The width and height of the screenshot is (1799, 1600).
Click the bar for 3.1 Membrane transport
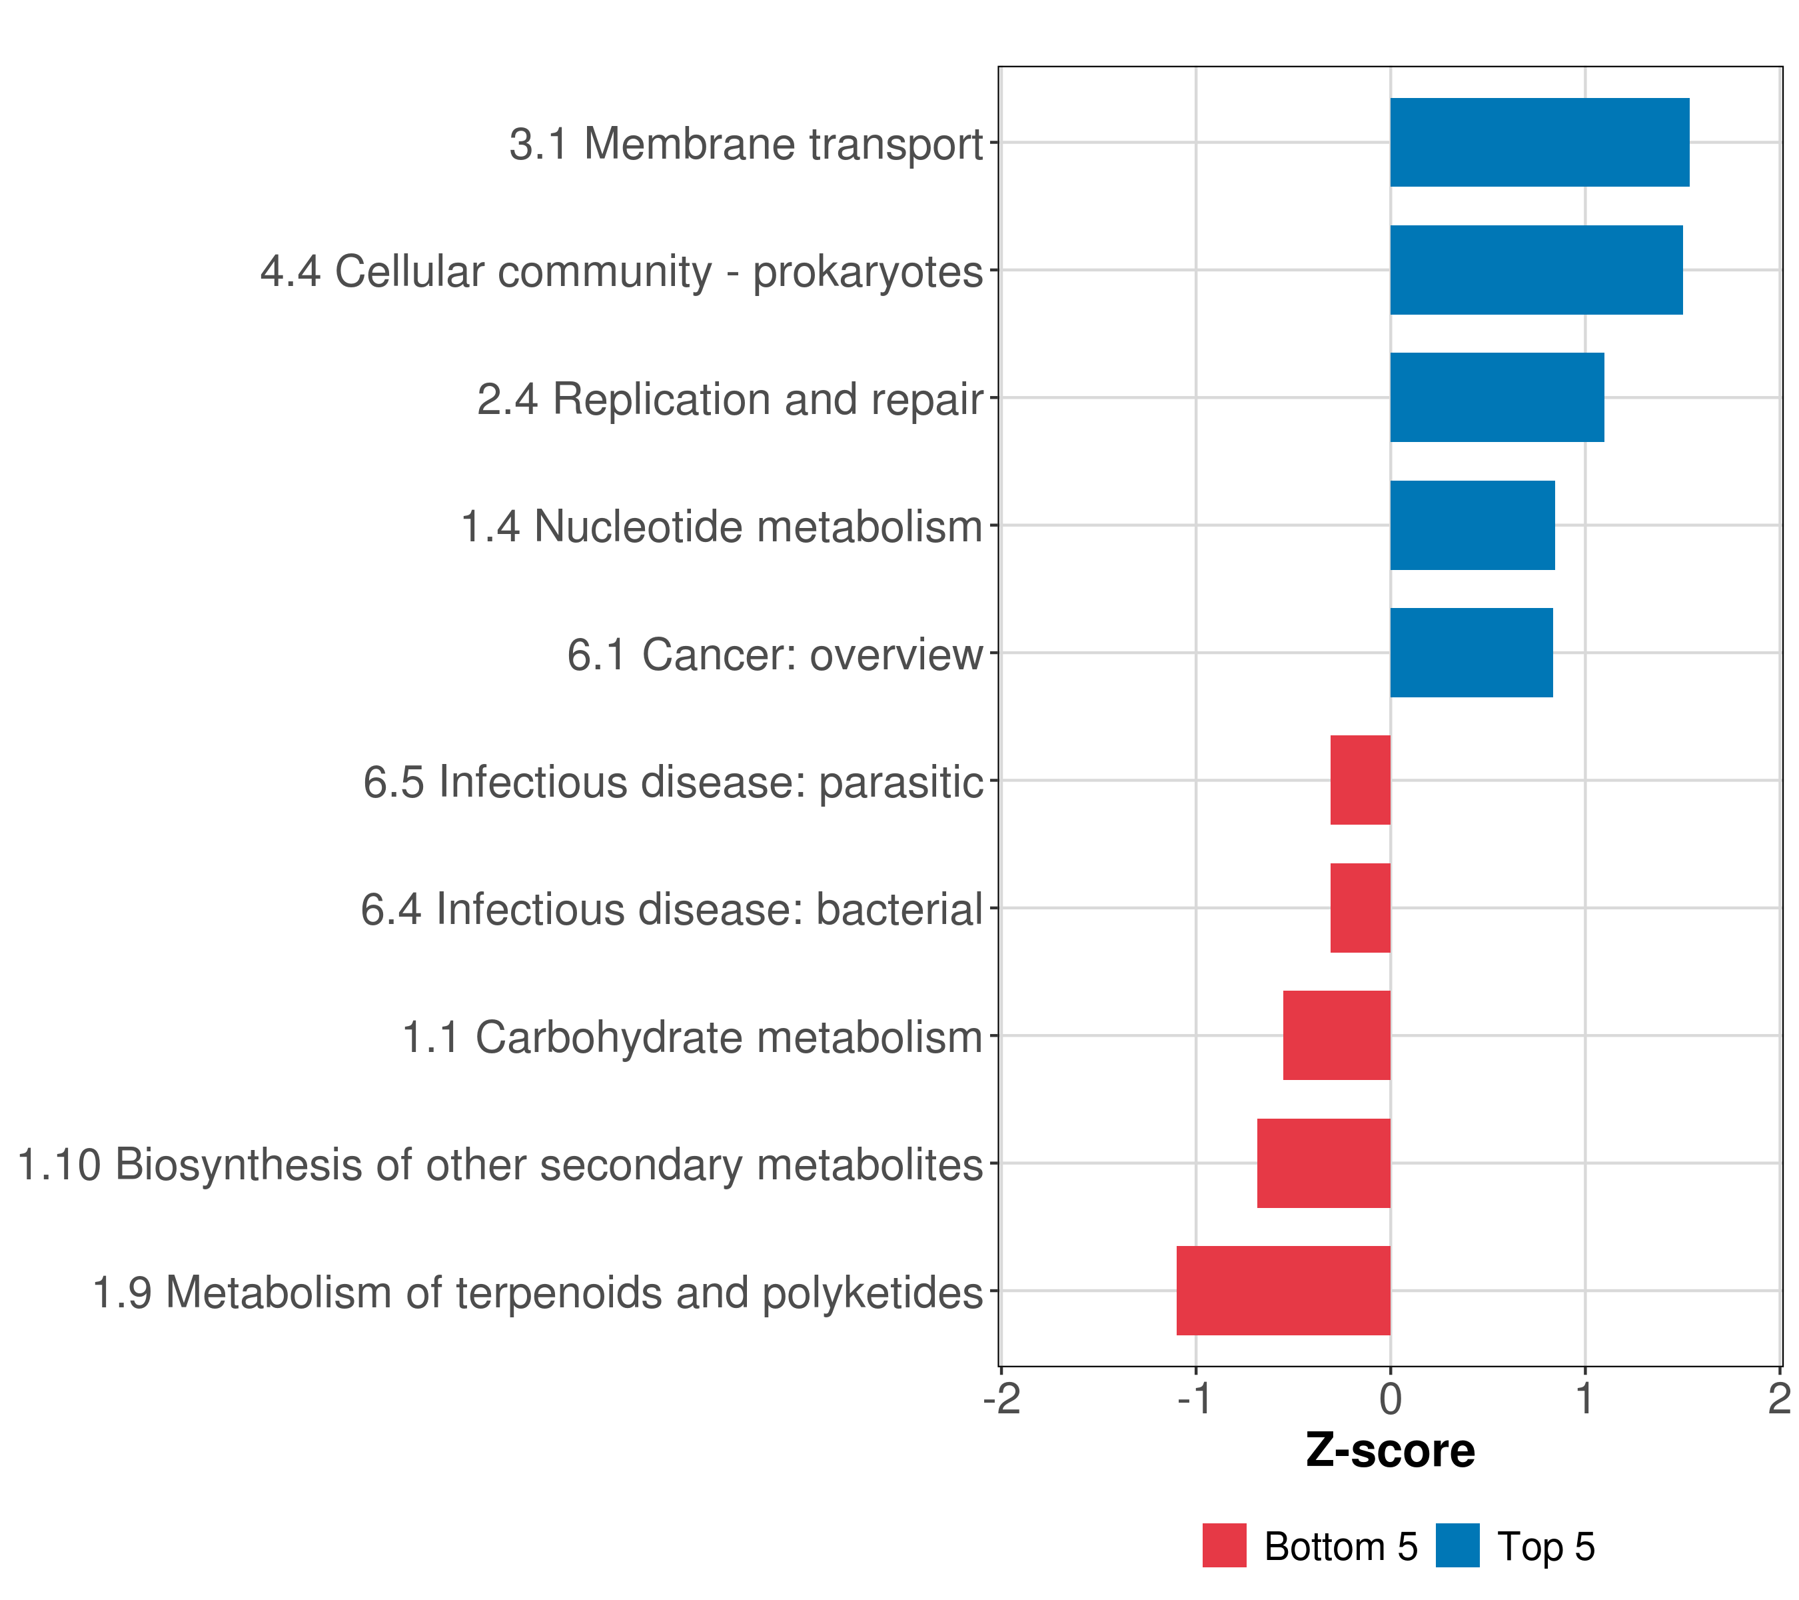1538,143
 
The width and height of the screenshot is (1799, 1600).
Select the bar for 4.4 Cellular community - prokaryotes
1536,271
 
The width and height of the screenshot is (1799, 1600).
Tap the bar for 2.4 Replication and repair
1497,397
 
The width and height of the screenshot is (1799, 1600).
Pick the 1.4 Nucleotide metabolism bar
1472,525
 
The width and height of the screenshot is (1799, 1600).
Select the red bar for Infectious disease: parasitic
1360,780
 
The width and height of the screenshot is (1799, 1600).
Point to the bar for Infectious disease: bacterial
1360,908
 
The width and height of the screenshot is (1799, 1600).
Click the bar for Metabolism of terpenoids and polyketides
1283,1291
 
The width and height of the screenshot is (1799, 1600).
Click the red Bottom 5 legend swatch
1224,1546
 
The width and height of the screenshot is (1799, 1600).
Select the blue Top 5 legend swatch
1457,1546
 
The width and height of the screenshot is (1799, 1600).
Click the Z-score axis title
1390,1451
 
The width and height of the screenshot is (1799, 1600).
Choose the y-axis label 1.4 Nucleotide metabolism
721,527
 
